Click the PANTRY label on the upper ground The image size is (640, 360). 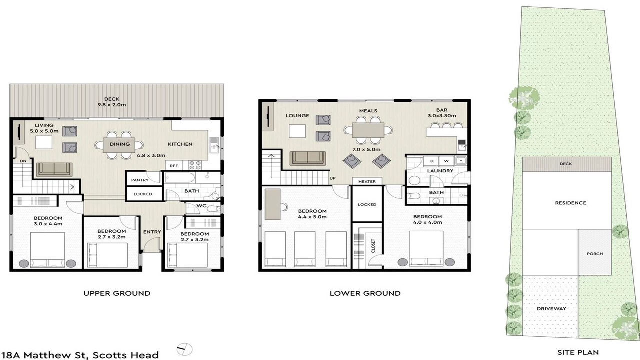coord(140,180)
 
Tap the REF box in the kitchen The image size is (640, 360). coord(174,165)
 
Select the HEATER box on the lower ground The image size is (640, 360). coord(367,181)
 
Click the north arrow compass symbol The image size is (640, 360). coord(185,349)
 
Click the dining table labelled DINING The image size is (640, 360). coord(119,144)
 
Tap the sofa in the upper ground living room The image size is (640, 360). coord(54,169)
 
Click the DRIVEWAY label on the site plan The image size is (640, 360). coord(551,309)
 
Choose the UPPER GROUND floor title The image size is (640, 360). coord(117,293)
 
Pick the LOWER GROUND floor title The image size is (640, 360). coord(365,293)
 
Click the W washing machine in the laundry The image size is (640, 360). coord(446,161)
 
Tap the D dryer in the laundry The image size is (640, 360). coord(431,161)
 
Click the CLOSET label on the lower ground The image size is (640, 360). coord(373,245)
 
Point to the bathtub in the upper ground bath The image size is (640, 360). coord(180,177)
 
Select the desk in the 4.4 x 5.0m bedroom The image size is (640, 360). coord(272,204)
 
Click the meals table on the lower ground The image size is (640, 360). coord(368,130)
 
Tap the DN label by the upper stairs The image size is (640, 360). coord(23,161)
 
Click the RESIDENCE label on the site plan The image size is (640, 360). coord(571,203)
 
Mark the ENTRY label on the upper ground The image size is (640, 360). coord(152,232)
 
